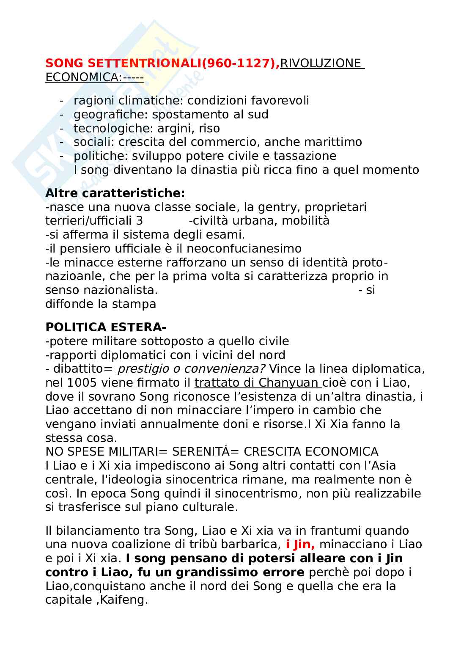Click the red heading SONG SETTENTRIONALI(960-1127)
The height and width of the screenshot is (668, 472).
coord(162,63)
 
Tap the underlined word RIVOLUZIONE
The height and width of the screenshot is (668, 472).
coord(321,63)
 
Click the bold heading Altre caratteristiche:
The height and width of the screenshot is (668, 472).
coord(115,193)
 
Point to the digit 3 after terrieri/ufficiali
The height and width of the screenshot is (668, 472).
coord(140,221)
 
